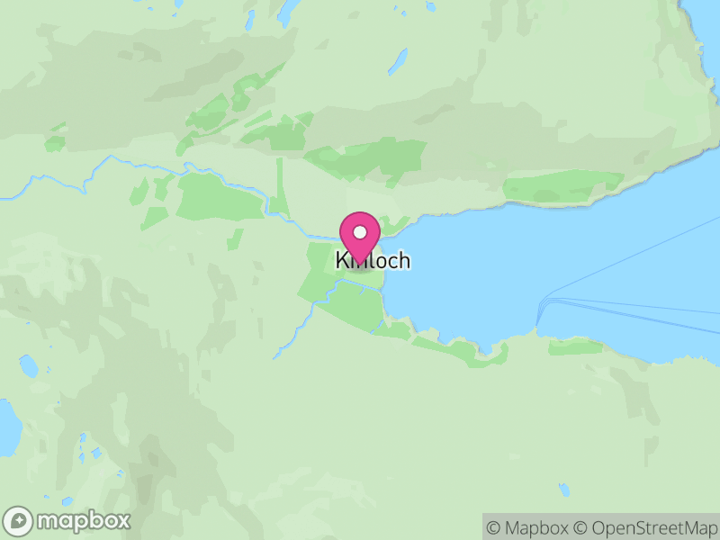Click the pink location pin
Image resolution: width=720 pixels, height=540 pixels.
coord(360,237)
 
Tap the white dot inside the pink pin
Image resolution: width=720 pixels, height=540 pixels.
coord(360,231)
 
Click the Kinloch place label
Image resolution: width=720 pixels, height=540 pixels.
coord(373,261)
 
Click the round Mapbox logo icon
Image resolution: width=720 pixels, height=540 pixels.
coord(19,521)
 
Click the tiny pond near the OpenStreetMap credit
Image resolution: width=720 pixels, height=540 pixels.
coord(563,490)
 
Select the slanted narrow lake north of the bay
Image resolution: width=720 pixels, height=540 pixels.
coord(397,61)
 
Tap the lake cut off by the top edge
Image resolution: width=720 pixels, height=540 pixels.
coord(289,12)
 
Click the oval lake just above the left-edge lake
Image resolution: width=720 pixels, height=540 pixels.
coord(29,366)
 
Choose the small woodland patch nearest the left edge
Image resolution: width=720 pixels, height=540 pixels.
coord(56,143)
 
